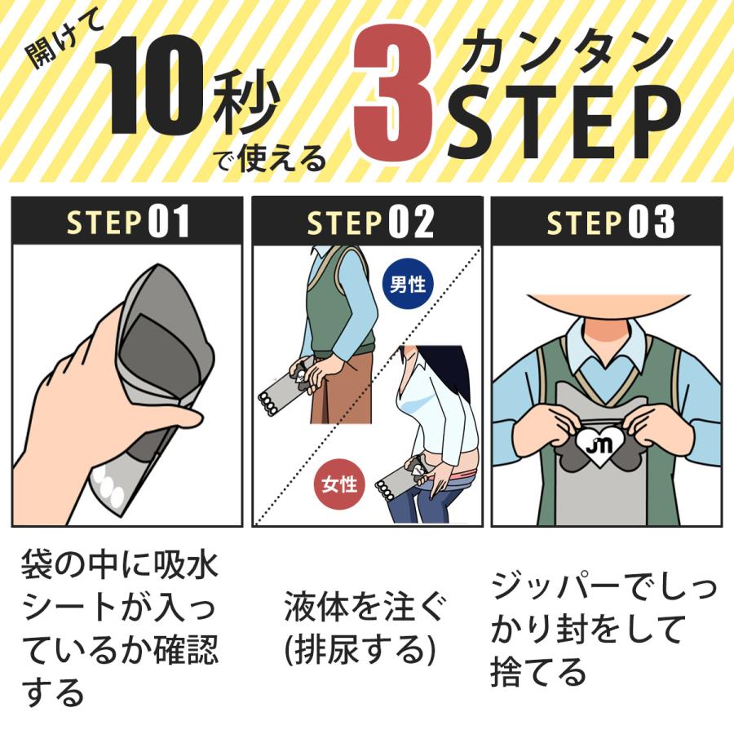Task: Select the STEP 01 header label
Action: tap(128, 222)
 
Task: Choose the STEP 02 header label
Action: tap(369, 222)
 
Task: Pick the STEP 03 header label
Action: tap(610, 222)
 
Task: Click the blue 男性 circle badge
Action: tap(408, 284)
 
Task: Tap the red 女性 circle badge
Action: tap(339, 484)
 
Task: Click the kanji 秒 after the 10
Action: tap(246, 102)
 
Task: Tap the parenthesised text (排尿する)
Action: tap(360, 649)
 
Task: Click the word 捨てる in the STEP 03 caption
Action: tap(538, 672)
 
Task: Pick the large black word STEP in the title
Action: tap(564, 122)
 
